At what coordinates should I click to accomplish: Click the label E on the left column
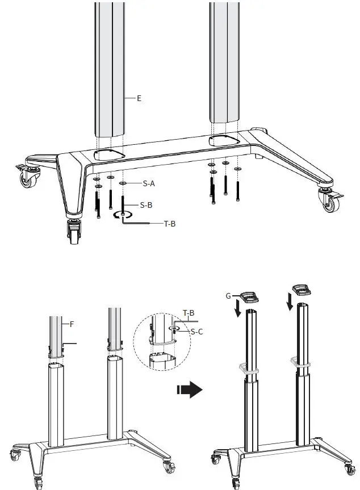(139, 98)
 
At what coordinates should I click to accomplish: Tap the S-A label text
(149, 183)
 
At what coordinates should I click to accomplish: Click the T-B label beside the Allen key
(169, 224)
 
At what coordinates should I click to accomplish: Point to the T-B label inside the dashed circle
(189, 313)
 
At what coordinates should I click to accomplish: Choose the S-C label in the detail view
(197, 331)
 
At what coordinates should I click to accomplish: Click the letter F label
(72, 324)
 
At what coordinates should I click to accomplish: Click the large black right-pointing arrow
(190, 390)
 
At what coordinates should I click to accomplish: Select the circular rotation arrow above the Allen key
(123, 215)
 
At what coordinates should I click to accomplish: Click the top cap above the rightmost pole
(301, 291)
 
